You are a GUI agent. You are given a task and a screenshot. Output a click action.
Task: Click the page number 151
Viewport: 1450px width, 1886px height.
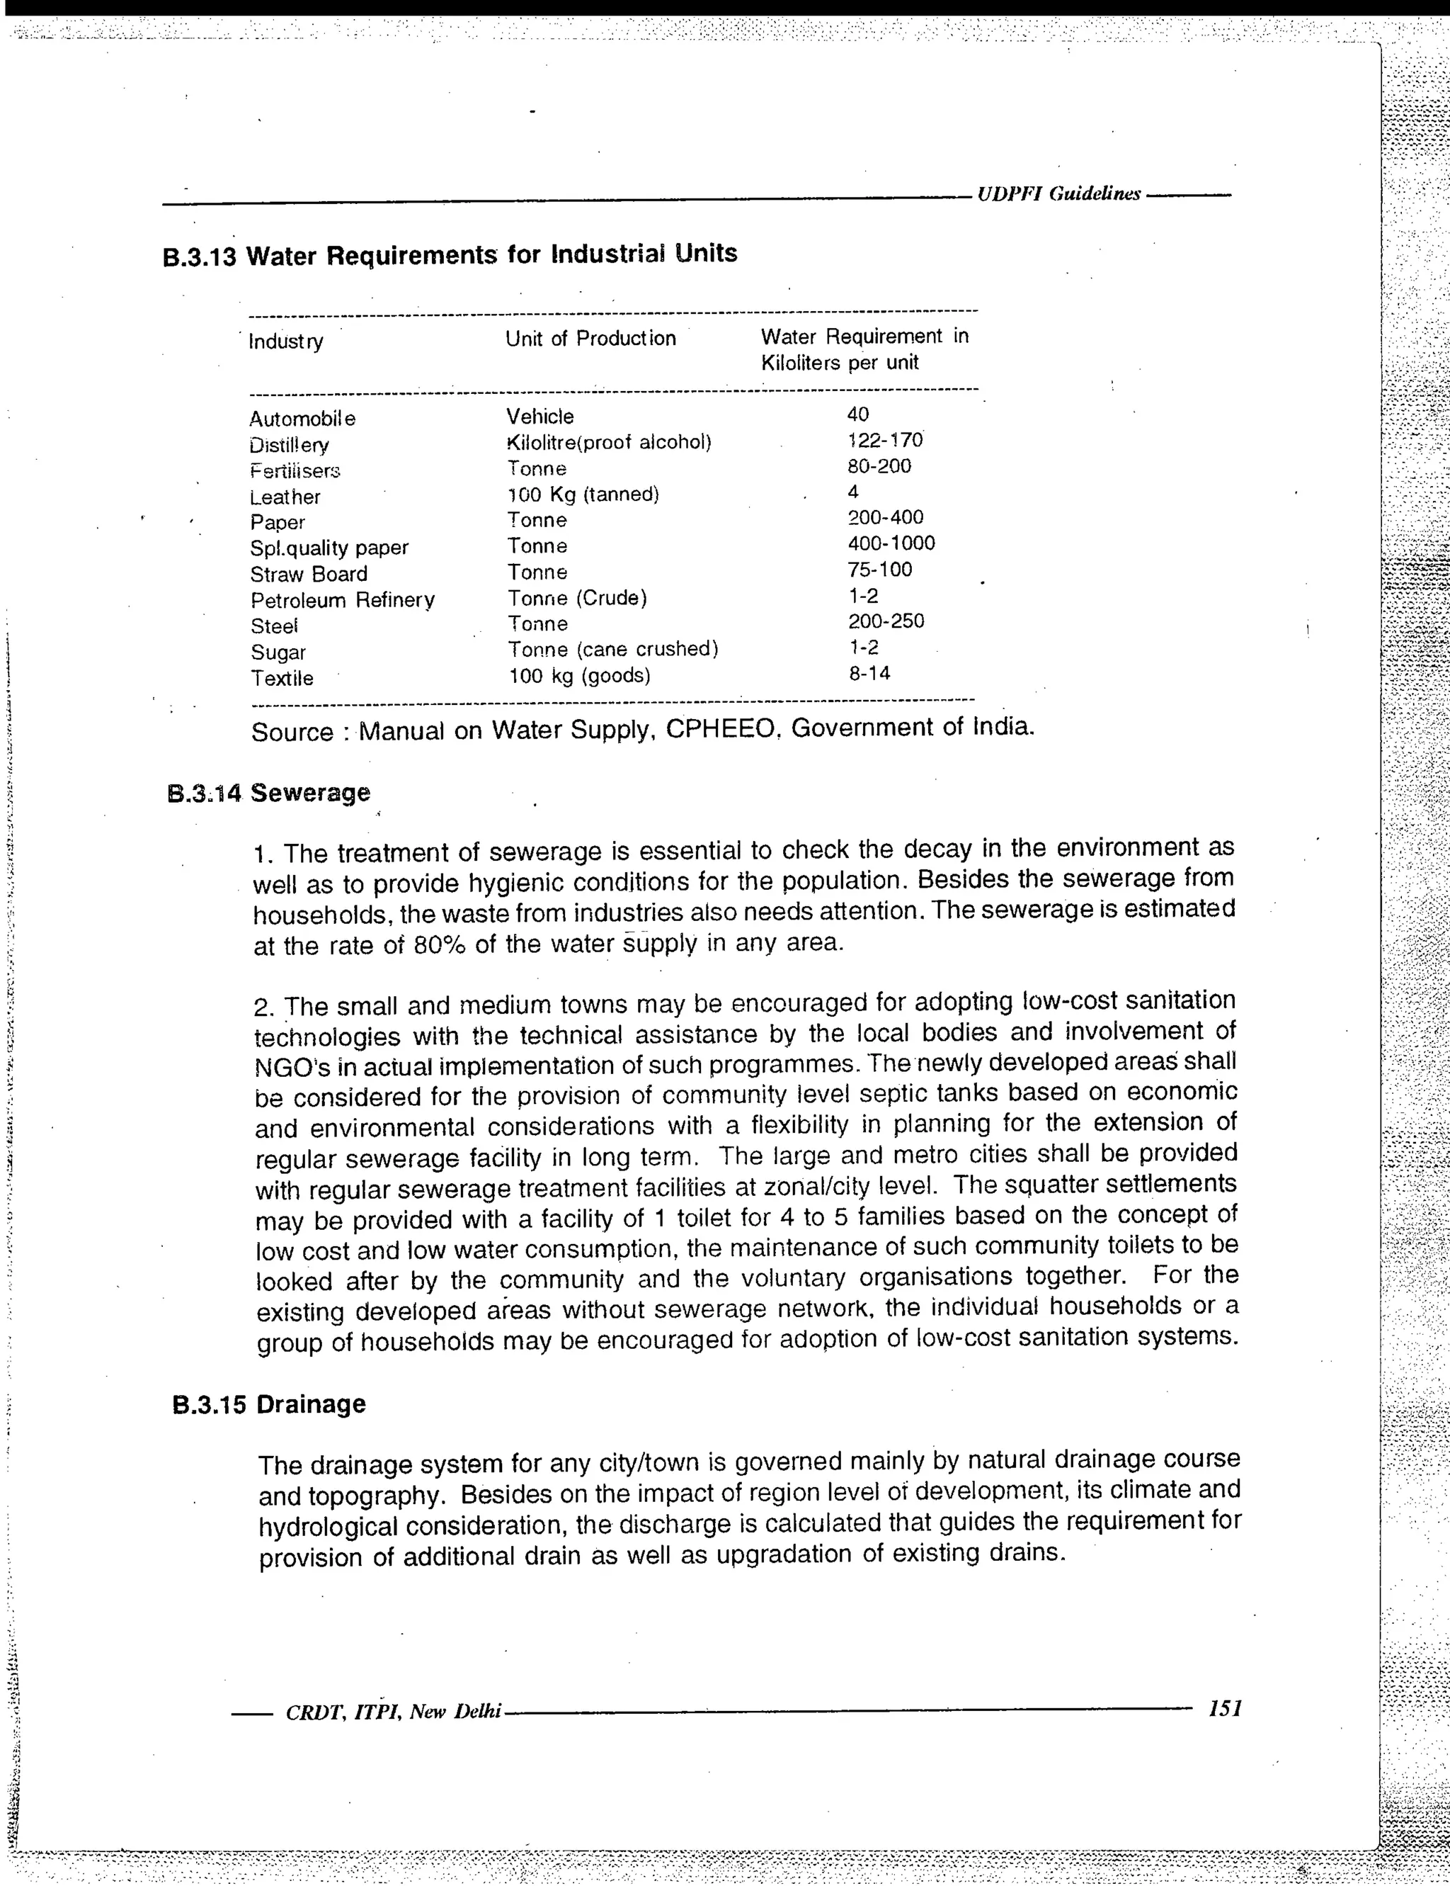coord(1225,1707)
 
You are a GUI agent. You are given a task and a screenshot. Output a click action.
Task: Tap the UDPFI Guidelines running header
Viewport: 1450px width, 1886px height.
coord(1059,194)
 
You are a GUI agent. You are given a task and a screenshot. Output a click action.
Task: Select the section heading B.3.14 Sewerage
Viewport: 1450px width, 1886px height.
coord(268,793)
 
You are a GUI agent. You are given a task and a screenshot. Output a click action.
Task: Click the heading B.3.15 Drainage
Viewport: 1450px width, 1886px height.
coord(268,1404)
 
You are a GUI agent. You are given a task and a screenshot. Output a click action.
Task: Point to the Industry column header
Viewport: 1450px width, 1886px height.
coord(286,342)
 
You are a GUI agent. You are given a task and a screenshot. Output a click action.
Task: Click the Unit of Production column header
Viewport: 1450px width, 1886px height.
coord(590,339)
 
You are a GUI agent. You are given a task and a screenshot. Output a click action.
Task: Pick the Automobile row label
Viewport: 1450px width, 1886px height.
coord(302,419)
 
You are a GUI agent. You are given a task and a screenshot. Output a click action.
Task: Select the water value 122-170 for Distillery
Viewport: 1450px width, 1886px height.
coord(885,441)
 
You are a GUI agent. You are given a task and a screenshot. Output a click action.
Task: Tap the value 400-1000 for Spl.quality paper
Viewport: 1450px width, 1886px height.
coord(891,543)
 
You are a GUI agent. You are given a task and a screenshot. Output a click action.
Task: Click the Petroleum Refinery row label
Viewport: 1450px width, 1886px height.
coord(343,600)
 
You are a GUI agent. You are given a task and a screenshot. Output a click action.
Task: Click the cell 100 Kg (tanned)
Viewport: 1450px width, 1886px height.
coord(583,495)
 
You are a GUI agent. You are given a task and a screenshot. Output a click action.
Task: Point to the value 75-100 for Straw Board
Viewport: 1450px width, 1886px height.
coord(879,570)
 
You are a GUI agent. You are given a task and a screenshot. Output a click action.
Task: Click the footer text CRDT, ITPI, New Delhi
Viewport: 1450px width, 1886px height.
coord(393,1712)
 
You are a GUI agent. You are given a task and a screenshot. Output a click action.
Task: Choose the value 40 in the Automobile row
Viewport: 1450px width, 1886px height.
coord(857,414)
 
